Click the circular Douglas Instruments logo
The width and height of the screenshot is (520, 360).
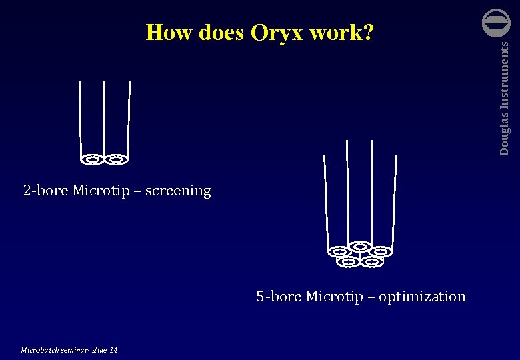click(x=496, y=23)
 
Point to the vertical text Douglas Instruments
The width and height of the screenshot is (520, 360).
click(x=505, y=98)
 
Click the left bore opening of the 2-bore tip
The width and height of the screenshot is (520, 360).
click(x=93, y=159)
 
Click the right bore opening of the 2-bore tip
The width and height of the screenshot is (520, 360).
click(x=116, y=159)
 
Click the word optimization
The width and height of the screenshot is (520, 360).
click(x=422, y=296)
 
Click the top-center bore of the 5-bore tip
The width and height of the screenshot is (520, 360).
click(x=360, y=245)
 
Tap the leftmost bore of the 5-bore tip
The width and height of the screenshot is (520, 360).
click(x=339, y=252)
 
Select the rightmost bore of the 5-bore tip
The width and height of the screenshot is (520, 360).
click(x=380, y=251)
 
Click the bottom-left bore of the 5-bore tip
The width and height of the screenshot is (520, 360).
click(x=348, y=262)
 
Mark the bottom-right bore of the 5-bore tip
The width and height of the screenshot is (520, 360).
click(x=372, y=262)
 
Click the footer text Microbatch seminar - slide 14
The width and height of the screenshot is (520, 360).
click(x=69, y=349)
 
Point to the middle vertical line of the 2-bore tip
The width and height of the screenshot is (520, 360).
click(x=104, y=117)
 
